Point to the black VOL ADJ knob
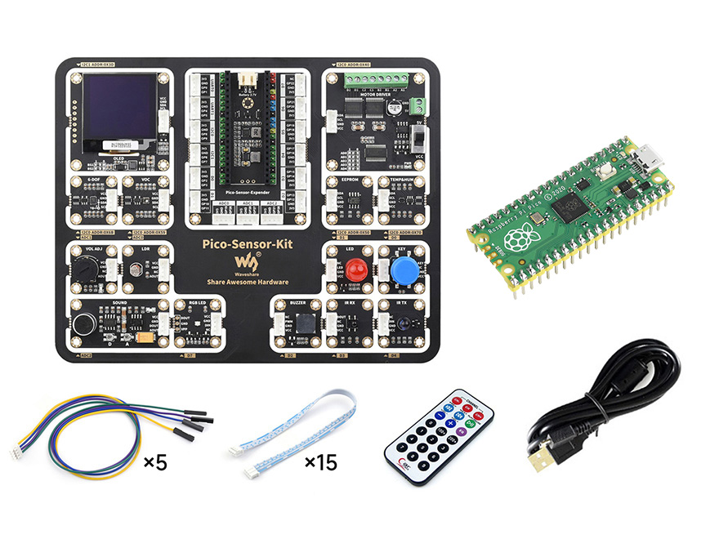pyautogui.click(x=87, y=267)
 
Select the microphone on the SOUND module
pyautogui.click(x=83, y=324)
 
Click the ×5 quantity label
pyautogui.click(x=154, y=463)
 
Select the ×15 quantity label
pyautogui.click(x=320, y=463)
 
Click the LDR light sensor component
pyautogui.click(x=135, y=268)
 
